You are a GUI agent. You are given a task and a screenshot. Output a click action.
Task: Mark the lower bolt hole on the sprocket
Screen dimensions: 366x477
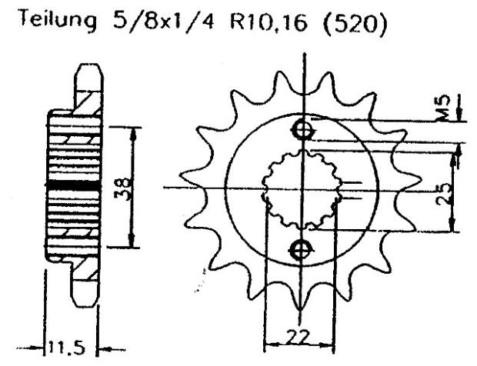pyautogui.click(x=301, y=248)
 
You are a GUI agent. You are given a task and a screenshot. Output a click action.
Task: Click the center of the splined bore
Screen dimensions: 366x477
pyautogui.click(x=302, y=188)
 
